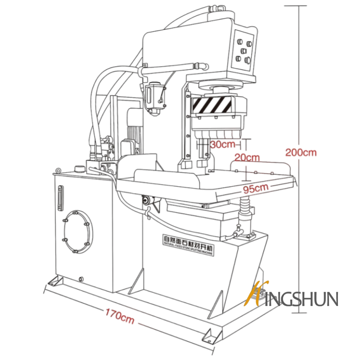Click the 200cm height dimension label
coord(301,152)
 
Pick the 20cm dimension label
coord(247,157)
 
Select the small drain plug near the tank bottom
coord(81,279)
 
